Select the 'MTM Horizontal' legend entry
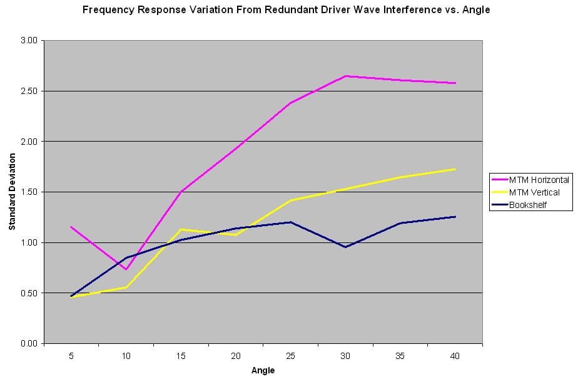539,180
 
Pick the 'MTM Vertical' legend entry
535,192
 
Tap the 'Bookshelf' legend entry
529,205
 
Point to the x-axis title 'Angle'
263,370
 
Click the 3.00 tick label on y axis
29,41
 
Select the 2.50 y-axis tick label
29,91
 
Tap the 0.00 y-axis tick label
29,344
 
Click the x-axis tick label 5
71,355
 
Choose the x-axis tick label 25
291,355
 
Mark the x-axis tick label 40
455,355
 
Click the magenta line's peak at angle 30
346,76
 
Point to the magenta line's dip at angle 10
126,269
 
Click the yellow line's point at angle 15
181,229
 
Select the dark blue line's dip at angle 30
346,247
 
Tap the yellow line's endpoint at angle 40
455,169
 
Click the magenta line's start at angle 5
71,227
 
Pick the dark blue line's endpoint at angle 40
455,217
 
